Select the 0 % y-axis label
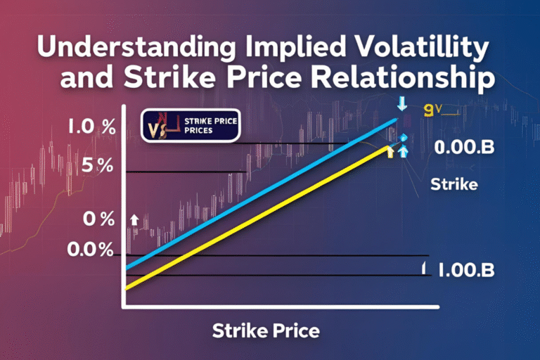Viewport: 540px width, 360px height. point(98,219)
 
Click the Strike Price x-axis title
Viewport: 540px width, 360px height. point(266,330)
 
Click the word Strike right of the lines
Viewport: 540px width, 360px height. point(454,186)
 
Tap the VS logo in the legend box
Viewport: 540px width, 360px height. point(160,127)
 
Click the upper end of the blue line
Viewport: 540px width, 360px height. point(397,121)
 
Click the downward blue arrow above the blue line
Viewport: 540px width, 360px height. point(402,105)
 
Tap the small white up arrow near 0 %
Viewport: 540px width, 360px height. point(134,220)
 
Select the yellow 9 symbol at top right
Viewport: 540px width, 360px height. point(430,110)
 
